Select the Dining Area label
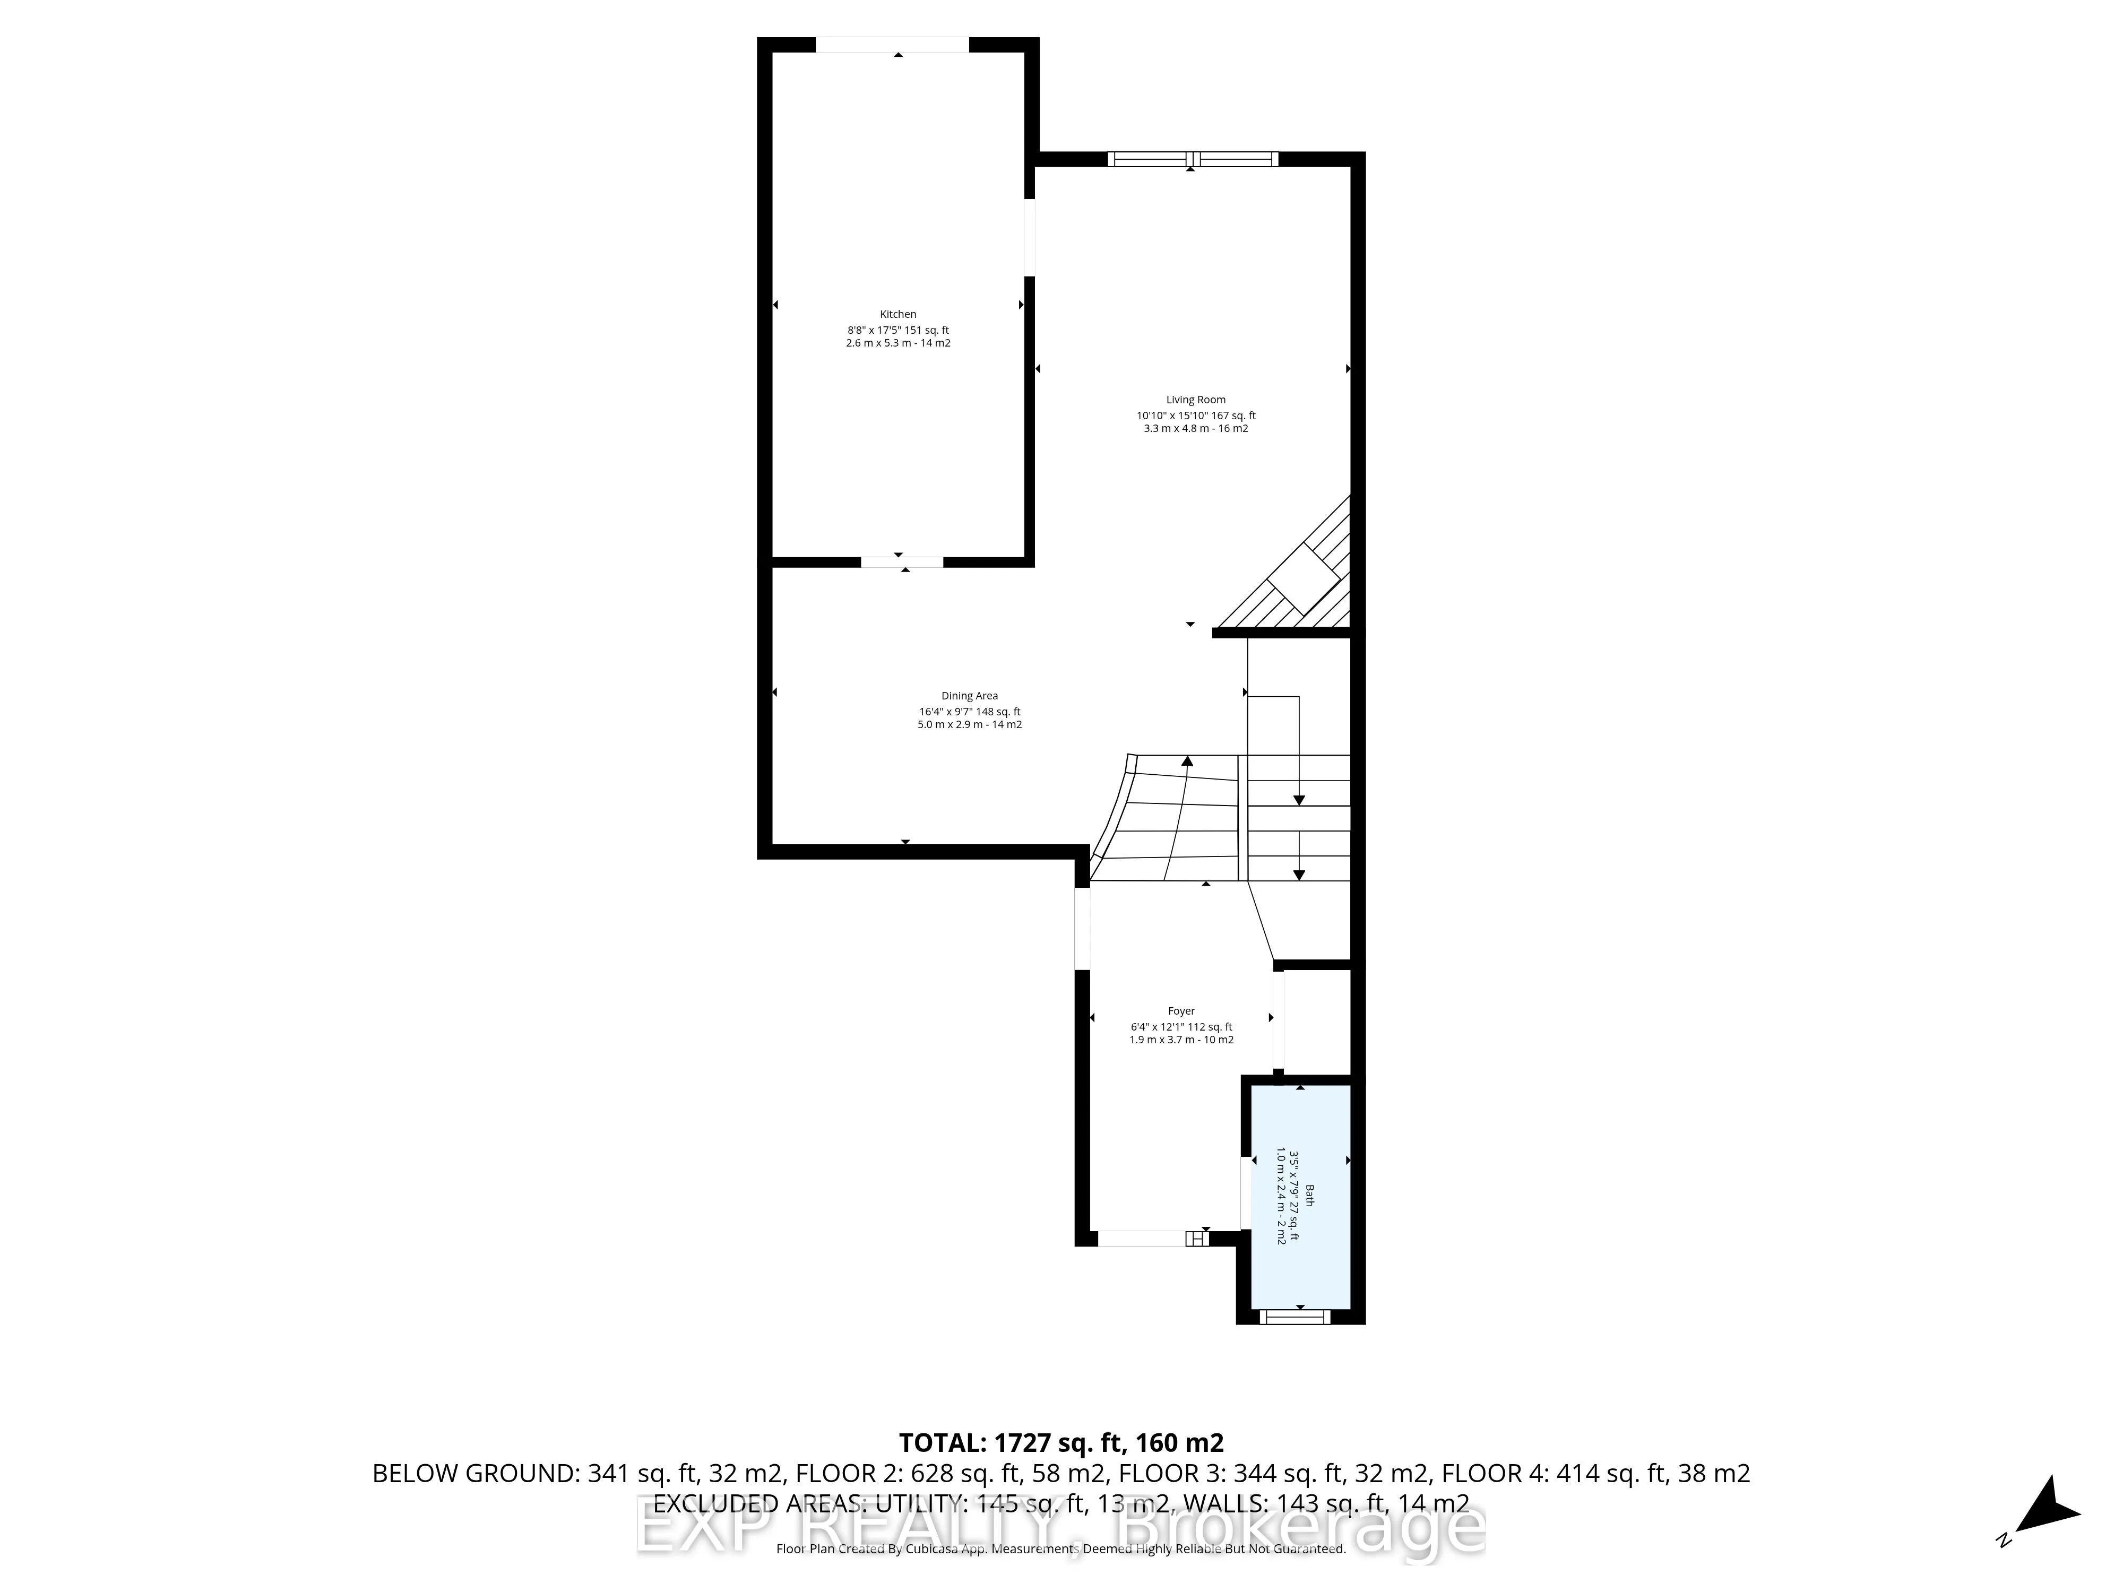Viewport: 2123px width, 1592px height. (x=969, y=696)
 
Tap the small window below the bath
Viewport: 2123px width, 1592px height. (x=1294, y=1317)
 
